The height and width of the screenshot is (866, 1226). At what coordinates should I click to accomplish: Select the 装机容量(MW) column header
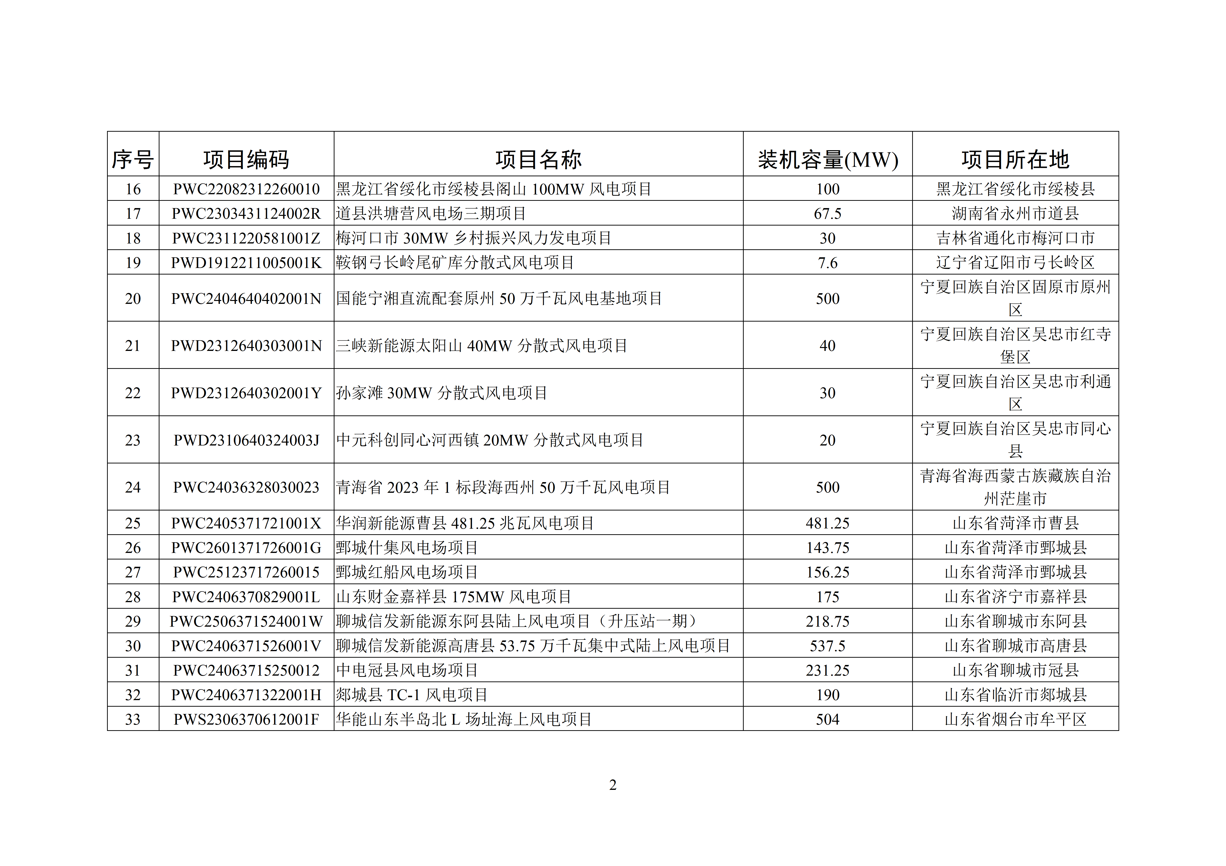(x=828, y=159)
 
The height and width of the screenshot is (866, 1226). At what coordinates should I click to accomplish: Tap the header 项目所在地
(x=1015, y=159)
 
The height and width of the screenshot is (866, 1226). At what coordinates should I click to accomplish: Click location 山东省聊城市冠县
(x=1015, y=670)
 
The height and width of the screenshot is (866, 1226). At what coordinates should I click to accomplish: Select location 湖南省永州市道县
(x=1015, y=213)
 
